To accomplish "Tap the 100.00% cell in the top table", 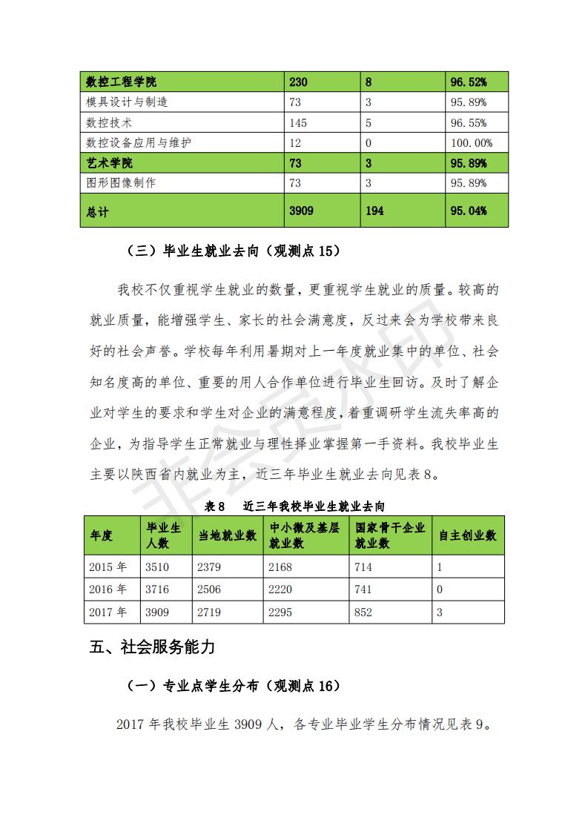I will point(470,142).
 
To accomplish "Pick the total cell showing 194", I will point(374,211).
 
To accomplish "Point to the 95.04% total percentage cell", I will point(469,211).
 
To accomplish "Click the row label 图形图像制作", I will point(122,182).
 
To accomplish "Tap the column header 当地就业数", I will point(227,535).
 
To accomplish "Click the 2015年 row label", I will point(108,567).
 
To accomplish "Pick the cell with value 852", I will point(363,613).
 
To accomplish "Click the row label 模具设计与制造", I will point(128,102).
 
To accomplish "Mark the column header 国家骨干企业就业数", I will point(390,535).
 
